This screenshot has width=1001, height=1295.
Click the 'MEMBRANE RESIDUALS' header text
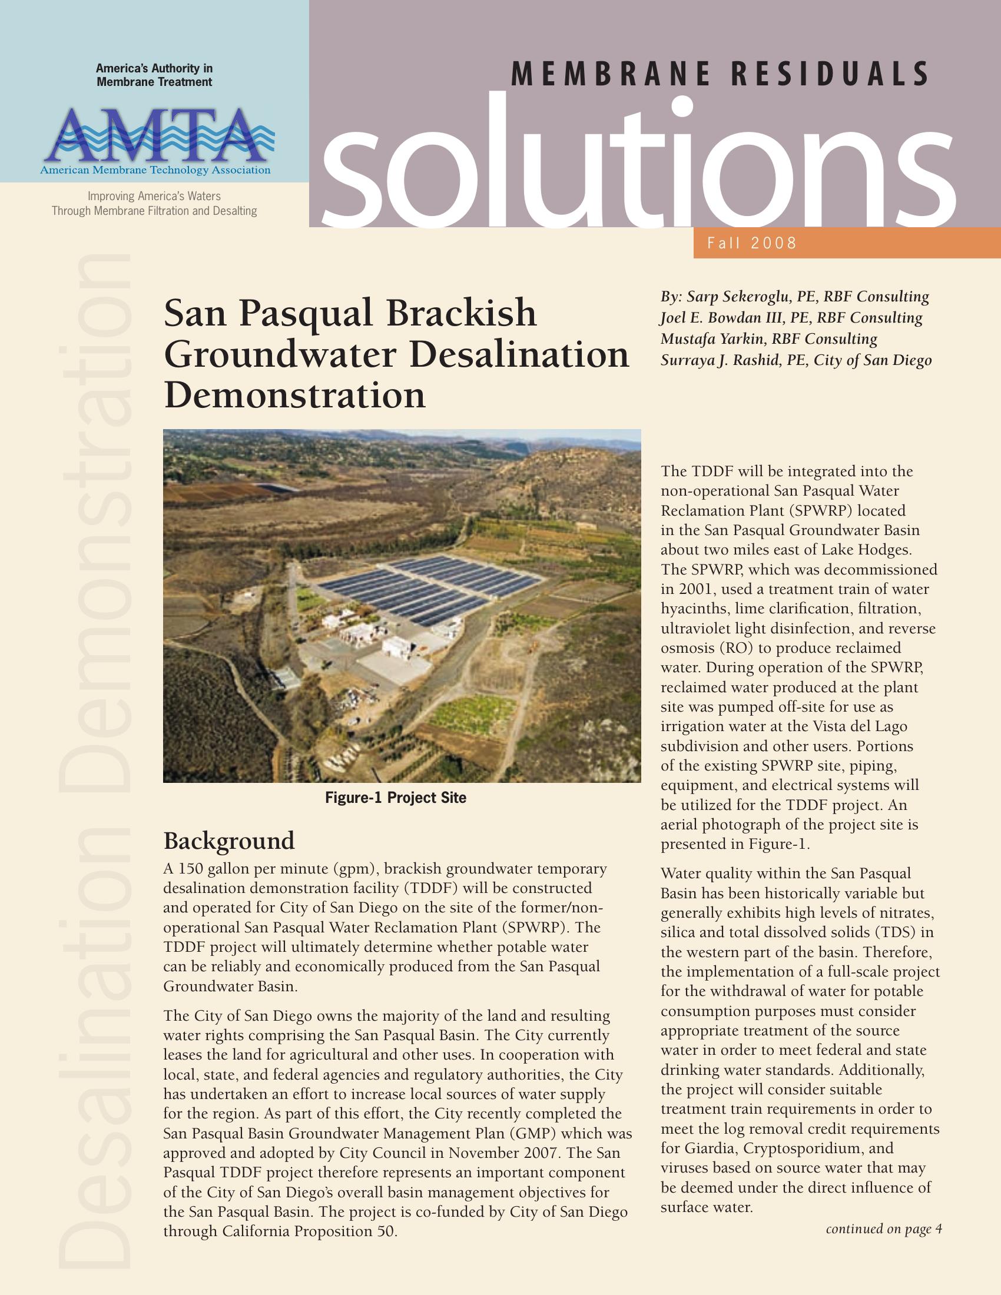click(x=720, y=75)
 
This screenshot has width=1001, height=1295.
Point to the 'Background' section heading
click(x=229, y=840)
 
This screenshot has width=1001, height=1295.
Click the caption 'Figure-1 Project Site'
click(x=396, y=798)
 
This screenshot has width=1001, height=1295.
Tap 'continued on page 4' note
click(x=884, y=1229)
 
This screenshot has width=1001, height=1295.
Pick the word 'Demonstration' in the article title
click(x=295, y=395)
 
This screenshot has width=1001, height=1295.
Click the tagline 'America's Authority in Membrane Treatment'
click(x=154, y=75)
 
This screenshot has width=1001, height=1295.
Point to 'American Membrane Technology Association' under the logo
click(x=155, y=171)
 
